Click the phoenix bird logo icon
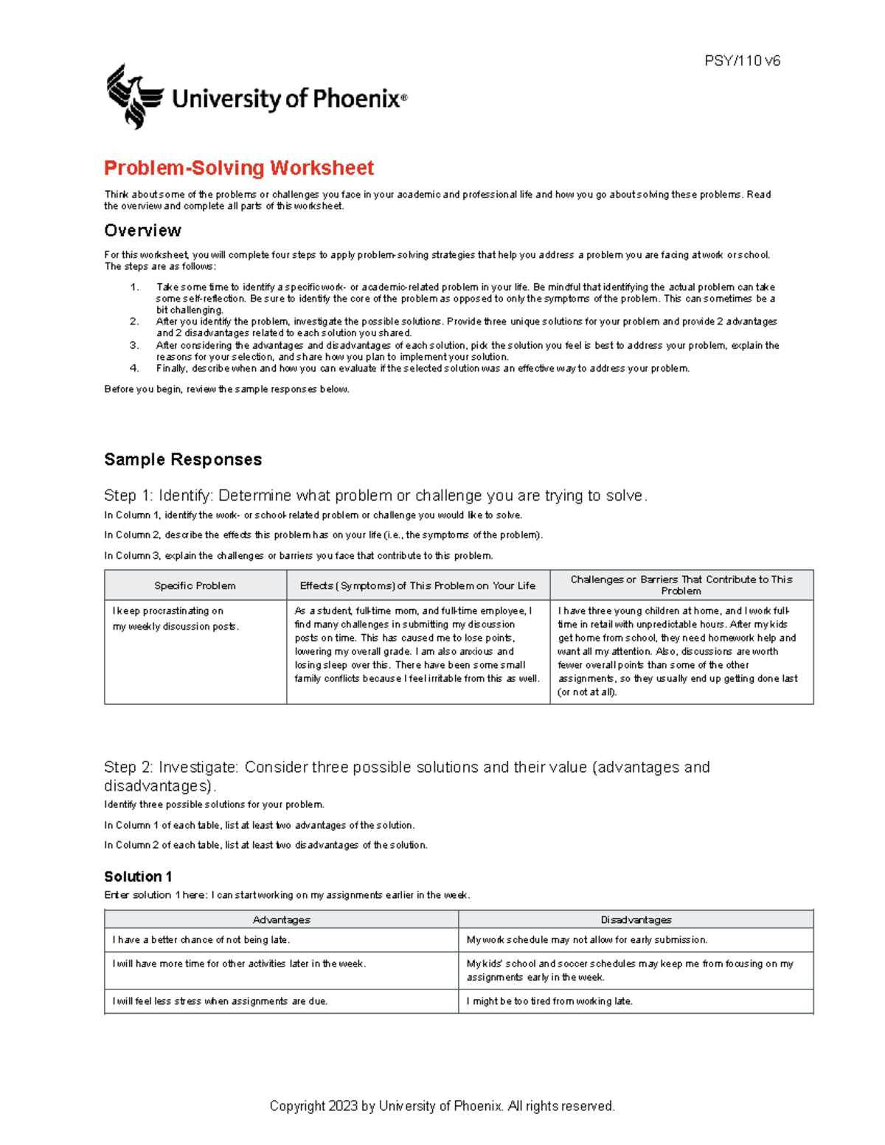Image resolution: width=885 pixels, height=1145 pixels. pos(134,97)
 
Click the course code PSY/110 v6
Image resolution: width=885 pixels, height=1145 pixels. pos(742,61)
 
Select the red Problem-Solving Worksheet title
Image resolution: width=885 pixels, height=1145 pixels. pos(239,168)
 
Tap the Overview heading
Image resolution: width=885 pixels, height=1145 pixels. pos(142,231)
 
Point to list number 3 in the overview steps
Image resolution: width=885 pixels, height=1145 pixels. pos(134,345)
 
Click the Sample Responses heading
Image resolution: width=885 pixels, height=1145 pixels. pos(183,459)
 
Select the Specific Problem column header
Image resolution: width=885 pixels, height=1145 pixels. pos(195,585)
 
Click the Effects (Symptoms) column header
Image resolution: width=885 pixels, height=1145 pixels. pos(417,585)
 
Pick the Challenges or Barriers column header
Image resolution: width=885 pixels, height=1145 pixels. pos(681,585)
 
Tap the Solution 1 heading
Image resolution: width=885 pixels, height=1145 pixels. pos(138,877)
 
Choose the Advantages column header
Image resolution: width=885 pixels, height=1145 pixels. pos(281,919)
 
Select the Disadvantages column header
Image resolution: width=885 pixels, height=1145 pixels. pos(636,919)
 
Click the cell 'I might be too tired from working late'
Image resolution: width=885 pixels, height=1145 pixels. pos(549,1001)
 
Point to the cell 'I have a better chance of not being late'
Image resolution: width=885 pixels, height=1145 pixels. pos(201,940)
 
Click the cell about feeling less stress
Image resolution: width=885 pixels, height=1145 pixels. pos(220,1001)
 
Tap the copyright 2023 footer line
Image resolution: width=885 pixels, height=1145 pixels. pos(442,1106)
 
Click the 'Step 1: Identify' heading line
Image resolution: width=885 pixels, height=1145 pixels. pos(375,495)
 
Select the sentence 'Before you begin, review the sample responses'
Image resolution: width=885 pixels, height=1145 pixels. pos(226,389)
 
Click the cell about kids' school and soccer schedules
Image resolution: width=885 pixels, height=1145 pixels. pos(629,970)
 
